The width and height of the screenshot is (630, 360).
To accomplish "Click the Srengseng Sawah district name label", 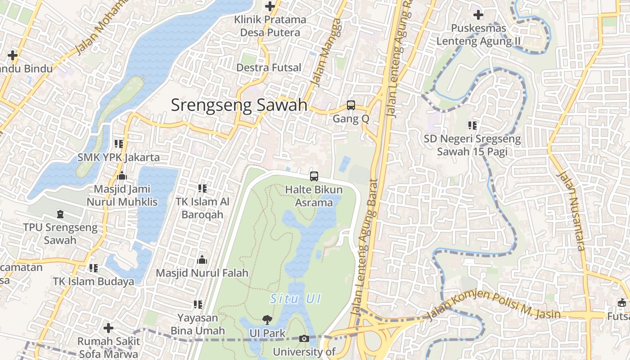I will [239, 105].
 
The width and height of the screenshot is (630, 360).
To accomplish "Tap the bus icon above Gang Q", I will [351, 105].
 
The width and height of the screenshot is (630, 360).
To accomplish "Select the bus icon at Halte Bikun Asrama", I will [314, 176].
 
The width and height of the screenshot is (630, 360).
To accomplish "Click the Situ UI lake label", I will [295, 298].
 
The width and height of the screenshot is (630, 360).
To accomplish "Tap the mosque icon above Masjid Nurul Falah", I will [202, 260].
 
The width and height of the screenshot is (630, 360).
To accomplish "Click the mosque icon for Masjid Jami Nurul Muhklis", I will [121, 175].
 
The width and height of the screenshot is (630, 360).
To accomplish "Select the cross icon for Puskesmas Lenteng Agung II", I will [478, 15].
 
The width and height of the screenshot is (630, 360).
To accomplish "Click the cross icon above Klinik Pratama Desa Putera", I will [270, 6].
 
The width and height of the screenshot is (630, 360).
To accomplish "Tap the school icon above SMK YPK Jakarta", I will [118, 144].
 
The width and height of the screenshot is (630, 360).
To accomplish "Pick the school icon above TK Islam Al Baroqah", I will [202, 188].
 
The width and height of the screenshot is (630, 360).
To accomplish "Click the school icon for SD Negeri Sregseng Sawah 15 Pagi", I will [472, 125].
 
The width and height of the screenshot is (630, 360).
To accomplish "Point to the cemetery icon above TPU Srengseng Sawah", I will [60, 214].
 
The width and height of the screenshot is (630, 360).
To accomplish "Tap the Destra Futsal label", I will [269, 67].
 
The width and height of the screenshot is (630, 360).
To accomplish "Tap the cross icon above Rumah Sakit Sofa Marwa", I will [108, 328].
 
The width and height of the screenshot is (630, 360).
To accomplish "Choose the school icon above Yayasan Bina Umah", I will [198, 305].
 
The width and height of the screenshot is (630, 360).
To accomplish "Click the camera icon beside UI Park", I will [304, 338].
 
